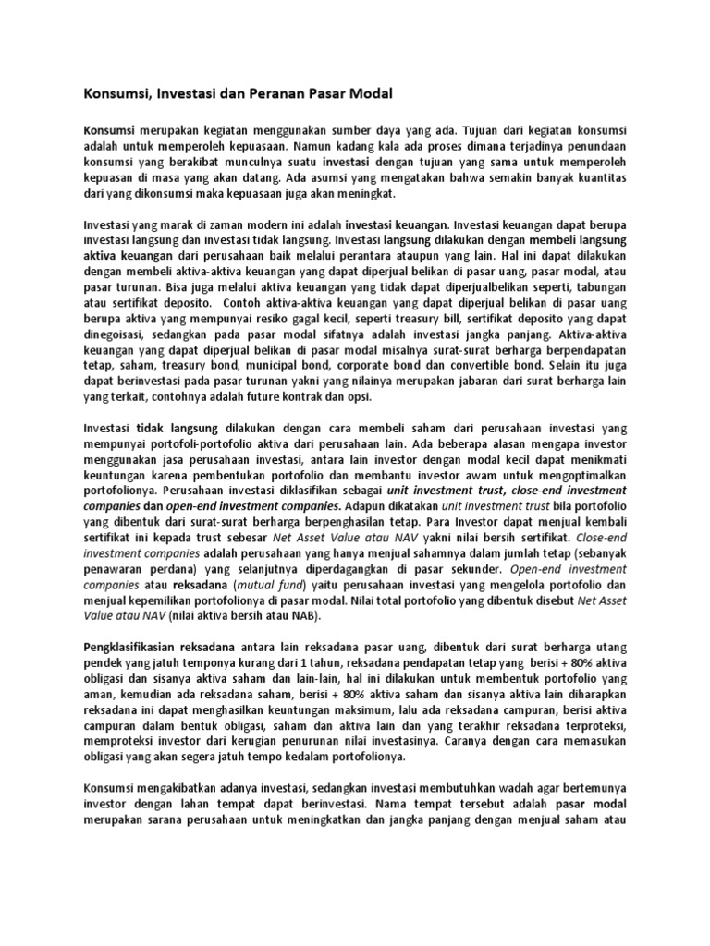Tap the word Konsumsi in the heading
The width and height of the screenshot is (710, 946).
pyautogui.click(x=116, y=93)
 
